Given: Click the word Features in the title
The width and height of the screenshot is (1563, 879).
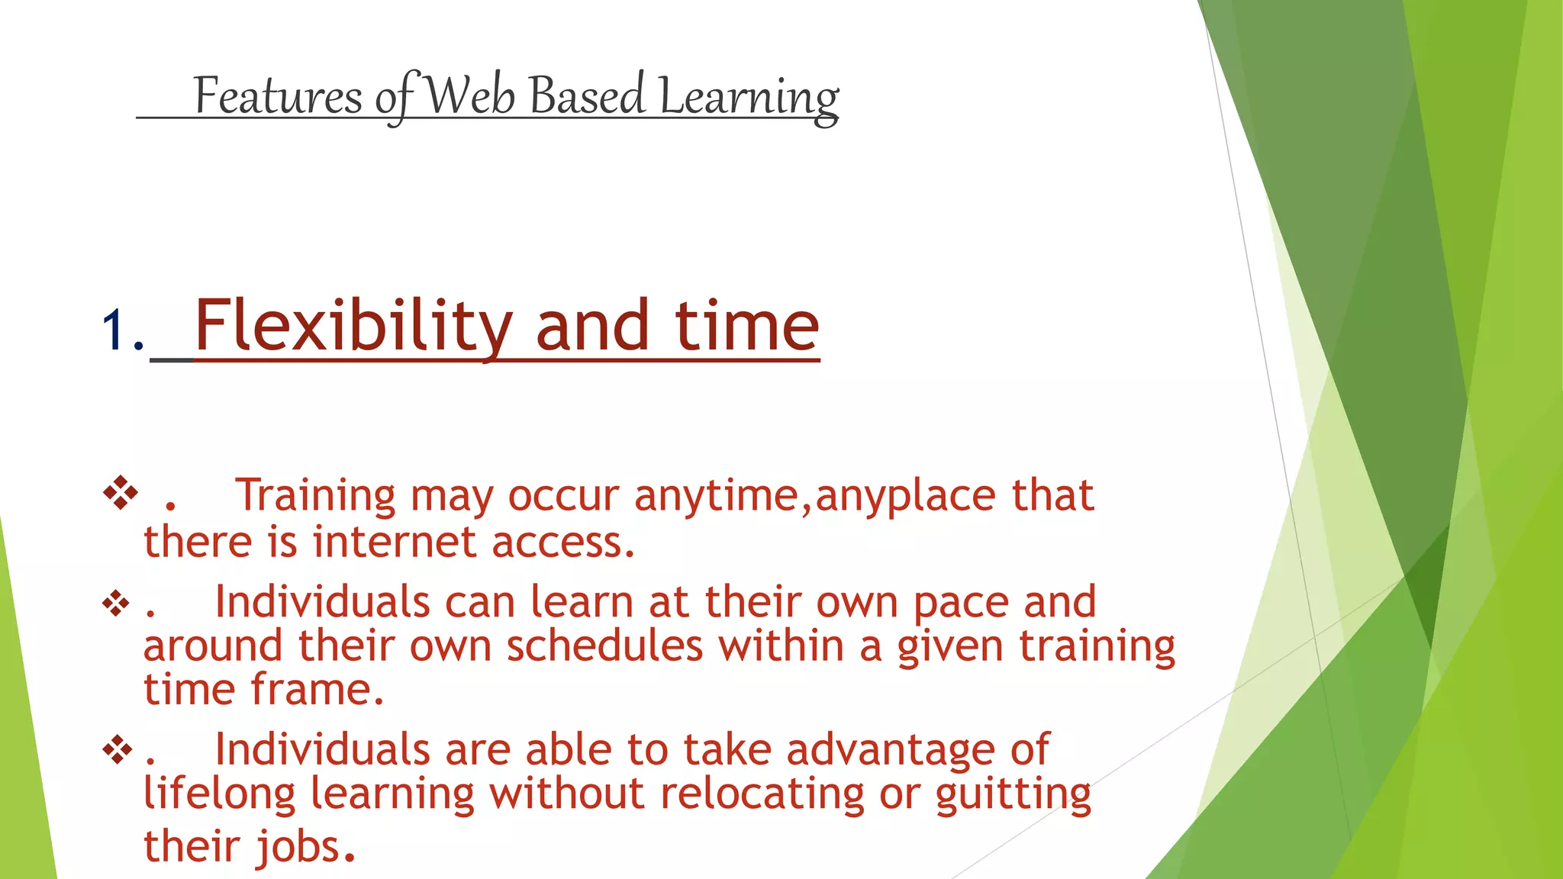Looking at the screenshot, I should click(x=277, y=97).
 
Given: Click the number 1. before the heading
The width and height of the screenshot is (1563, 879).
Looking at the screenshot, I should click(x=122, y=330).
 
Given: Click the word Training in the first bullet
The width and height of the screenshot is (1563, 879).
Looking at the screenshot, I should click(x=314, y=496).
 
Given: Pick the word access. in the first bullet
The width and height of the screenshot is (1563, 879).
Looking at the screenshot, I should click(x=563, y=542).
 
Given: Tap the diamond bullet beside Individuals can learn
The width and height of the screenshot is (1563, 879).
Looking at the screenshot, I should click(x=117, y=604).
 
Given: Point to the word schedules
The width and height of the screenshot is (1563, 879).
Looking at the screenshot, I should click(x=604, y=646).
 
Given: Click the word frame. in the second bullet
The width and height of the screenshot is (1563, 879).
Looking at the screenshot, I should click(x=317, y=690).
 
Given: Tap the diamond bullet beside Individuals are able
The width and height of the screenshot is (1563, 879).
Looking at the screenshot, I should click(x=117, y=751).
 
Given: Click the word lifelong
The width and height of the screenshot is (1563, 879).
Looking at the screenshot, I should click(x=219, y=794).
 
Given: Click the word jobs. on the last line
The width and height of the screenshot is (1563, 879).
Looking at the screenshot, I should click(x=305, y=847).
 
